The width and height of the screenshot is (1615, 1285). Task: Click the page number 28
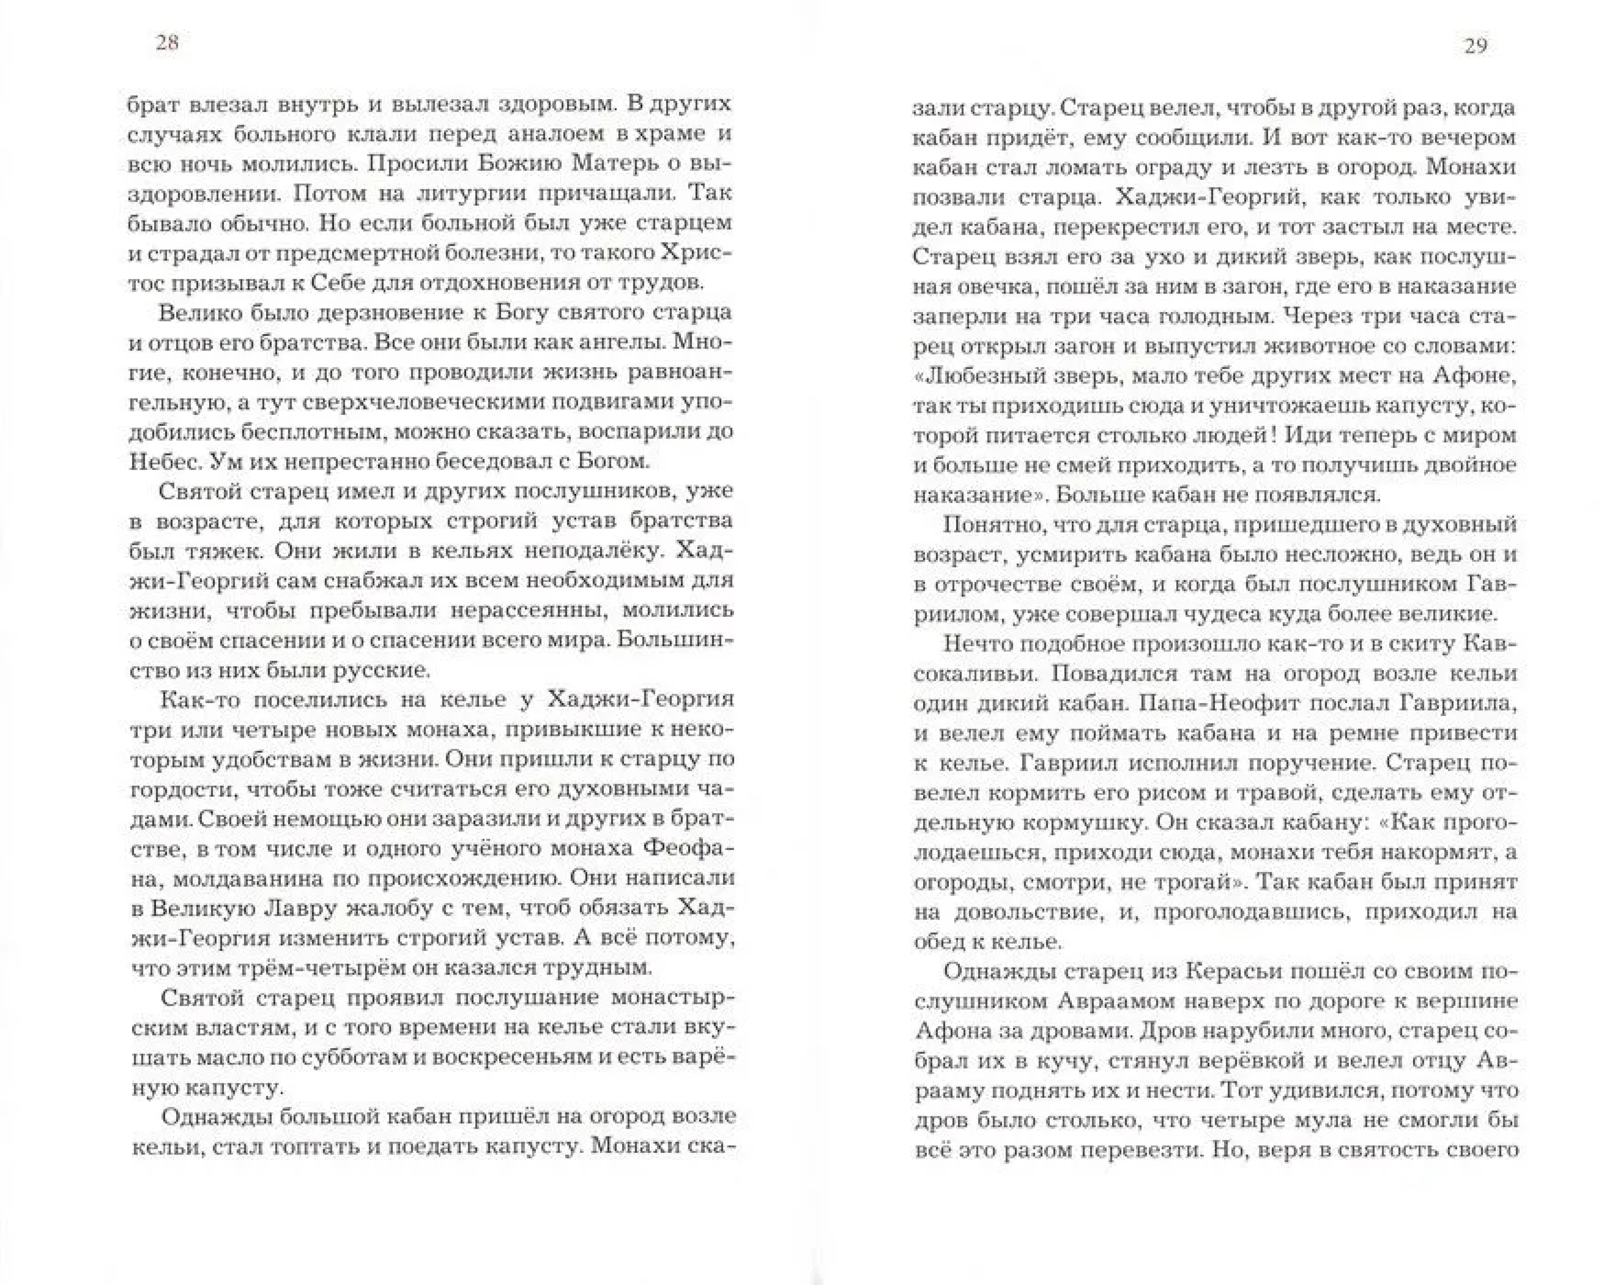(166, 43)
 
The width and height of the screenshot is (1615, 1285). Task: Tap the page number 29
(1475, 47)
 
